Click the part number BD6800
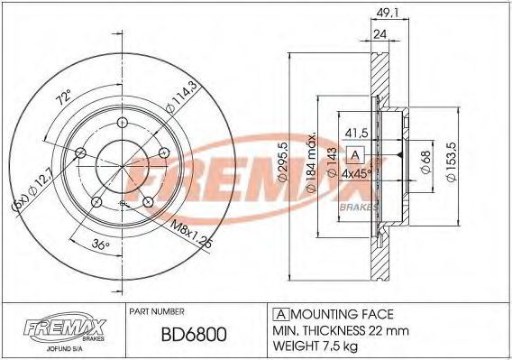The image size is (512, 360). click(194, 335)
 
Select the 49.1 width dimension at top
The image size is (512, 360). click(387, 13)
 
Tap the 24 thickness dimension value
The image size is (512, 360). click(379, 34)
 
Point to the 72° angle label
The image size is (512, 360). click(64, 97)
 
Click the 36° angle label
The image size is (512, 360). click(100, 245)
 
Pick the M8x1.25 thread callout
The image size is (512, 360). click(192, 235)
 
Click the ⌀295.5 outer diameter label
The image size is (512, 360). click(282, 162)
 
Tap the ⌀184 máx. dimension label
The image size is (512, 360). click(312, 162)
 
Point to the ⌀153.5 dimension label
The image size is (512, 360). click(453, 162)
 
